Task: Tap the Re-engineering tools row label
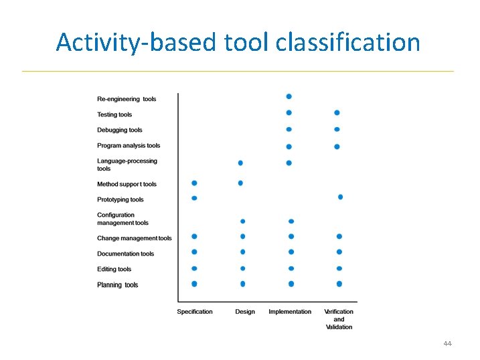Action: [x=127, y=99]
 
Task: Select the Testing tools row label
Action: [x=114, y=114]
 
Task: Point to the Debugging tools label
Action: [x=120, y=130]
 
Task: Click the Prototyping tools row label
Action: [x=121, y=199]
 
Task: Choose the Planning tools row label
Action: [x=118, y=285]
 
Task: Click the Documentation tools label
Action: [x=126, y=254]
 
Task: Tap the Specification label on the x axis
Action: [x=195, y=312]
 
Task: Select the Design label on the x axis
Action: [x=245, y=312]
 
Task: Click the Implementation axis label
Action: [x=290, y=312]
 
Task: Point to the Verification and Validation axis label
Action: [x=339, y=319]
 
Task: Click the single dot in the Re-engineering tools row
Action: [x=289, y=96]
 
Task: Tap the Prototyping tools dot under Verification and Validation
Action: [x=341, y=197]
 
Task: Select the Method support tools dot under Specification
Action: [x=194, y=183]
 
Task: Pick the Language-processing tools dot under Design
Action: [x=240, y=163]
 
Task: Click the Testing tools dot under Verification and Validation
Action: [x=337, y=112]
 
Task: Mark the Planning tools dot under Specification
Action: [x=194, y=284]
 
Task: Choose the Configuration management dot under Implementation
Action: [x=291, y=221]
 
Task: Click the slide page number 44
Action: [x=447, y=343]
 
